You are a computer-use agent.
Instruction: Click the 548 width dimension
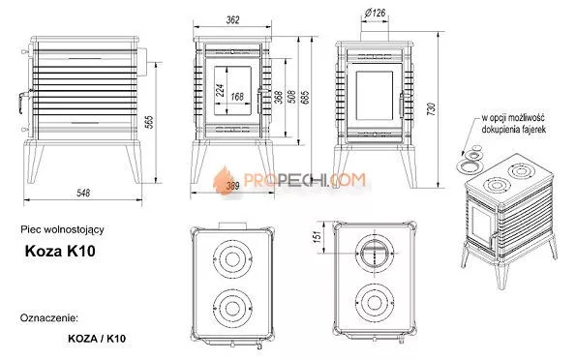83,193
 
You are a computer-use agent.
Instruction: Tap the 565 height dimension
149,122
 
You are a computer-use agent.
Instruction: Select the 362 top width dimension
233,19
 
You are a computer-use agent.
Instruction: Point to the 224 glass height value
220,90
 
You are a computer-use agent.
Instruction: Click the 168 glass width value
237,97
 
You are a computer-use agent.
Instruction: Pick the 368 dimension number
279,98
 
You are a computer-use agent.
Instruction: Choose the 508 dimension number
291,97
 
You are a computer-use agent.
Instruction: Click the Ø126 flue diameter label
375,14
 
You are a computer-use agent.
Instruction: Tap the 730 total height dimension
431,109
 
